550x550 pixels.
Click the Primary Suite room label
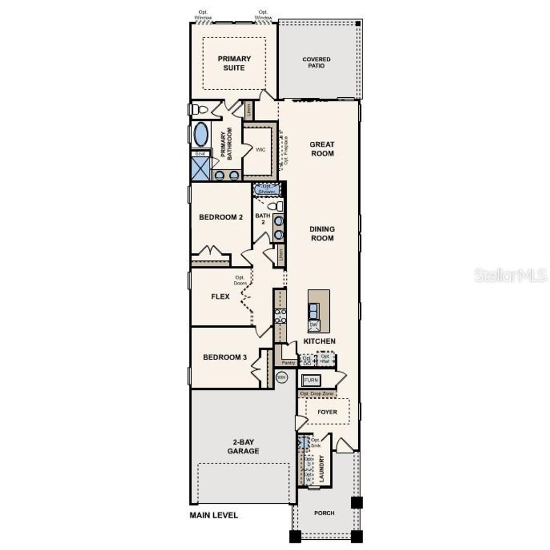pyautogui.click(x=234, y=63)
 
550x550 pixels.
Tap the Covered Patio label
pyautogui.click(x=316, y=62)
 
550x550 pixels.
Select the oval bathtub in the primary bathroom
pyautogui.click(x=201, y=134)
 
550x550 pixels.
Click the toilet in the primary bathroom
pyautogui.click(x=200, y=110)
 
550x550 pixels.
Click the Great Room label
pyautogui.click(x=322, y=149)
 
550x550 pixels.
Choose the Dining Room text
pyautogui.click(x=322, y=234)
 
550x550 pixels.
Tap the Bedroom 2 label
pyautogui.click(x=221, y=217)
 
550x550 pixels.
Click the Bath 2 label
pyautogui.click(x=263, y=219)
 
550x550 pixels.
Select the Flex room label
pyautogui.click(x=220, y=296)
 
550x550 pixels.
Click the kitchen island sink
pyautogui.click(x=313, y=310)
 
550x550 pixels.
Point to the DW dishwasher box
pyautogui.click(x=313, y=325)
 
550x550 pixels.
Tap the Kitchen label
pyautogui.click(x=320, y=341)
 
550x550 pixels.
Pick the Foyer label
pyautogui.click(x=327, y=412)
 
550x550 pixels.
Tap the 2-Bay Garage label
pyautogui.click(x=243, y=446)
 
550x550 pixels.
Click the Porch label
pyautogui.click(x=324, y=513)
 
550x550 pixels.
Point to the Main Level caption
pyautogui.click(x=214, y=516)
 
